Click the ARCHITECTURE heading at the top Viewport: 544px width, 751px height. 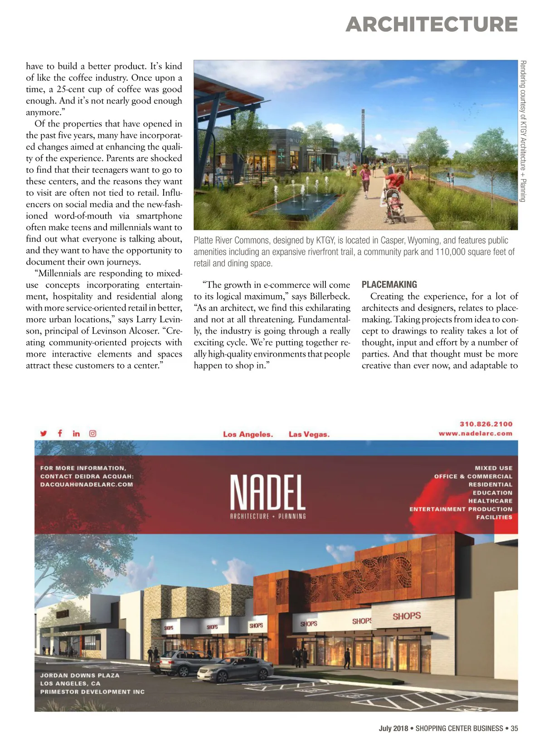431,24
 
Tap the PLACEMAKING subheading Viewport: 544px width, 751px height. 389,285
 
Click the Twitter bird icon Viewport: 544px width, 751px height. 44,433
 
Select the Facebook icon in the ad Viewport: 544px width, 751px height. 60,433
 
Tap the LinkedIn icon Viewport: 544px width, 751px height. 76,433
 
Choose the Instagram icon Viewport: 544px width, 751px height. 92,433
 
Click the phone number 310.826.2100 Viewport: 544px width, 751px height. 486,424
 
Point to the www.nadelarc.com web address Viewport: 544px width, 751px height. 475,434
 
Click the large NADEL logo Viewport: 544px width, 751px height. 267,493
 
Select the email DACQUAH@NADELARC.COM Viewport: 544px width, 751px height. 87,485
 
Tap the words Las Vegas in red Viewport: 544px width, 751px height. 309,434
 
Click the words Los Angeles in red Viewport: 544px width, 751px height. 248,434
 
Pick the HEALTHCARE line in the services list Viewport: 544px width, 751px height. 490,501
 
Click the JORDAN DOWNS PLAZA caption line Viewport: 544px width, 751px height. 80,675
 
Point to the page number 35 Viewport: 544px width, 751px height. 514,729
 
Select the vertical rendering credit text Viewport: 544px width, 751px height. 523,131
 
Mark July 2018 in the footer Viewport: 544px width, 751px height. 393,729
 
